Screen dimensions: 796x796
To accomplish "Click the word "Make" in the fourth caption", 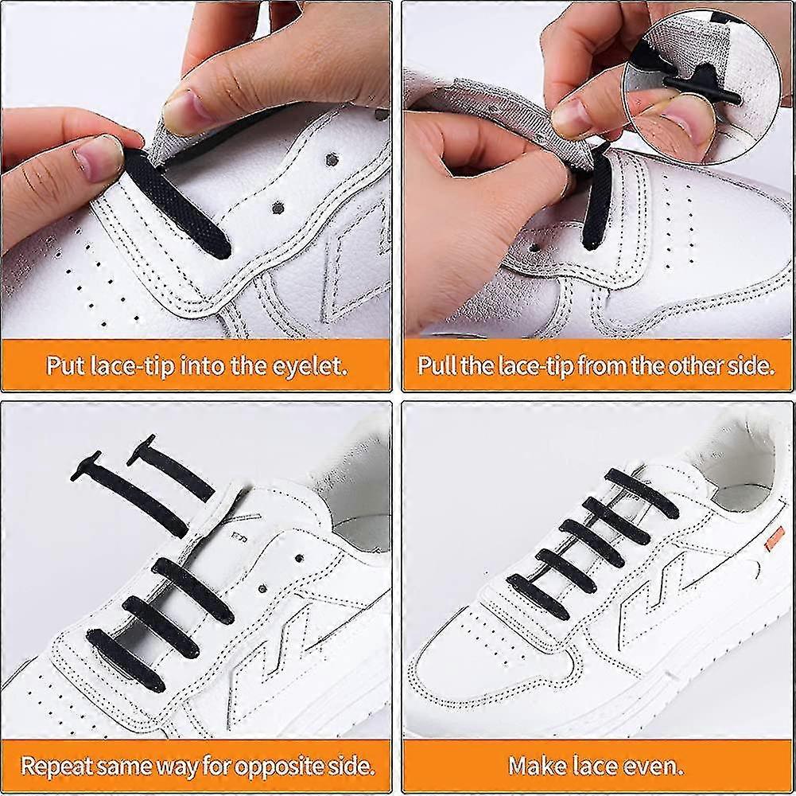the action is pyautogui.click(x=538, y=766).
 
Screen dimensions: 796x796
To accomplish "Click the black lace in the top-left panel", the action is pyautogui.click(x=177, y=203).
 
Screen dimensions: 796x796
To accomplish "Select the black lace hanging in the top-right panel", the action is pyautogui.click(x=596, y=197).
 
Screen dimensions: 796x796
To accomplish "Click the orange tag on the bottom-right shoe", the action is pyautogui.click(x=775, y=539).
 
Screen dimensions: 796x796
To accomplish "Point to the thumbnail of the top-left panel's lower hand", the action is pyautogui.click(x=99, y=158).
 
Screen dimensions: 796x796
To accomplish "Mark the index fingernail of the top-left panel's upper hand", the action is pyautogui.click(x=184, y=111).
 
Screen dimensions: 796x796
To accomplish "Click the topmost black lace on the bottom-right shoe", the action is pyautogui.click(x=642, y=493).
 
